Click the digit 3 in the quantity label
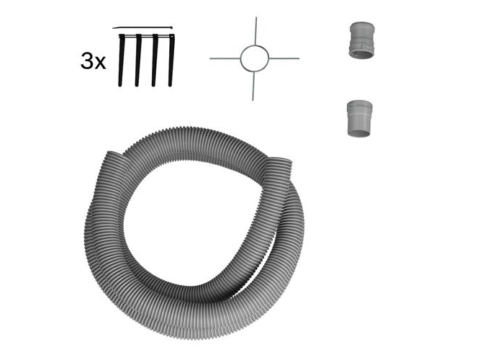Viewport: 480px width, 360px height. click(x=86, y=60)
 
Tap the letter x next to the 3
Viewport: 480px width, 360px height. click(x=100, y=63)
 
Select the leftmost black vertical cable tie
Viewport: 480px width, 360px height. click(x=121, y=60)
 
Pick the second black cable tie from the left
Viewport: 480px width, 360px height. click(x=138, y=60)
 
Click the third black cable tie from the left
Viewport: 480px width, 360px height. click(x=155, y=60)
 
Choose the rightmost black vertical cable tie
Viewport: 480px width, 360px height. click(x=171, y=60)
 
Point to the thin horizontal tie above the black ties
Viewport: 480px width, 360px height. click(x=142, y=28)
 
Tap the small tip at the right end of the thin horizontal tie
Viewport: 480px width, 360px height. click(x=172, y=27)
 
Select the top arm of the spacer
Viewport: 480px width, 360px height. click(x=256, y=31)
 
